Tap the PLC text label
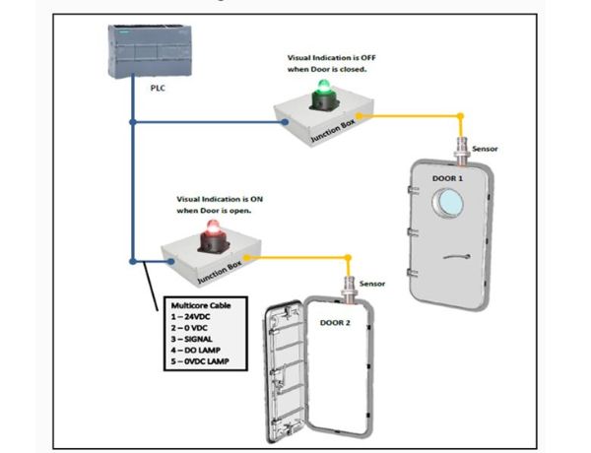pyautogui.click(x=158, y=88)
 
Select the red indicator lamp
pyautogui.click(x=210, y=232)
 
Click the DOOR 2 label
pyautogui.click(x=337, y=321)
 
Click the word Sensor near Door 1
pyautogui.click(x=486, y=149)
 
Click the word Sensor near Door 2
pyautogui.click(x=372, y=284)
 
